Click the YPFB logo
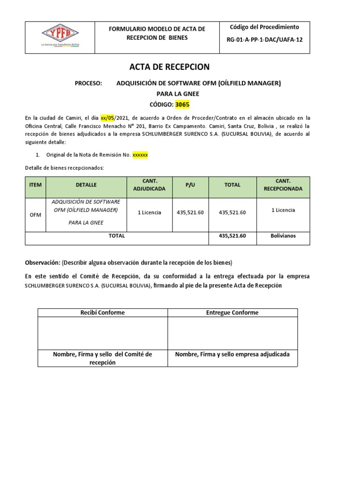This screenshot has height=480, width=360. [60, 34]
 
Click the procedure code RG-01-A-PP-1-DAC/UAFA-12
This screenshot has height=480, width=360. [264, 40]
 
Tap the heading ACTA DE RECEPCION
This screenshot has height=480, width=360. [169, 67]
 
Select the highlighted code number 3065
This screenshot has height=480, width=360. [183, 105]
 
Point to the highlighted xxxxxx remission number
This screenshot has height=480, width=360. [140, 155]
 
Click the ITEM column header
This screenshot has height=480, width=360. [35, 185]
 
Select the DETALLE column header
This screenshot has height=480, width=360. [86, 185]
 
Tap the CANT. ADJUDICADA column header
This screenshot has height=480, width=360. [150, 185]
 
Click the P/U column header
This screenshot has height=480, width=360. [190, 185]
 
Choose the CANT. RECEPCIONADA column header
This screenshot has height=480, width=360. [283, 185]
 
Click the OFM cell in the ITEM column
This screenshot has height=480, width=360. [35, 215]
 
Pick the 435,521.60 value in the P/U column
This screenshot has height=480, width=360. [190, 212]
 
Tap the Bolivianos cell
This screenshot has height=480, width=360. [283, 236]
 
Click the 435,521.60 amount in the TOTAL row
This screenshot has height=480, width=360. [232, 236]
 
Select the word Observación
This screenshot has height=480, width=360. [42, 262]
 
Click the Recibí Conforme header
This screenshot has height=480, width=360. [102, 313]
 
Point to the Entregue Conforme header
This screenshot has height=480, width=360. [232, 313]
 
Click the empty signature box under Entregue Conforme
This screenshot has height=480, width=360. [232, 333]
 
